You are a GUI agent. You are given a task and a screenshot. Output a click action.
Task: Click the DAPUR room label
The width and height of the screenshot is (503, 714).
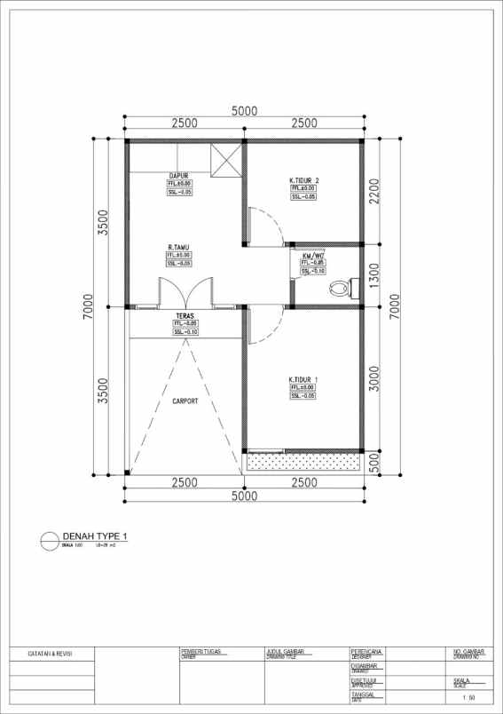[179, 176]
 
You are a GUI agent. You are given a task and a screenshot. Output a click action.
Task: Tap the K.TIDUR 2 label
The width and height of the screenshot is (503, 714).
[303, 181]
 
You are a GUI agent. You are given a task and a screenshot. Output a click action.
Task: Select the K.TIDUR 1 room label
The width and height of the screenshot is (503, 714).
[303, 379]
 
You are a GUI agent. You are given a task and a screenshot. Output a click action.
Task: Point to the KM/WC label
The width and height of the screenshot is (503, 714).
[312, 255]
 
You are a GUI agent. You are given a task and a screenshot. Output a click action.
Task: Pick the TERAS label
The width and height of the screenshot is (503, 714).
[185, 315]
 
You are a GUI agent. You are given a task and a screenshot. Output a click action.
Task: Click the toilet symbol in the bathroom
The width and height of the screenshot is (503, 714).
[341, 288]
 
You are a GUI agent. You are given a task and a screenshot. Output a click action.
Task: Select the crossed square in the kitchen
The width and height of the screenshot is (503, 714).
[225, 160]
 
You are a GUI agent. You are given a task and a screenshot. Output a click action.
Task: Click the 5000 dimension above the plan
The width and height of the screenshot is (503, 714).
[244, 111]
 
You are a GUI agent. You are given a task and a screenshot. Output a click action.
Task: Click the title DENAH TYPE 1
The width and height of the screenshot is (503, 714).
[96, 536]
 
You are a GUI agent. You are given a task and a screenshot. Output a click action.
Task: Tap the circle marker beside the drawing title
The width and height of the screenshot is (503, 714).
[49, 538]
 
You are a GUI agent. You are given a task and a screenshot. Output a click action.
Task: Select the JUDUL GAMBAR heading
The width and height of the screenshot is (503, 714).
[286, 651]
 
